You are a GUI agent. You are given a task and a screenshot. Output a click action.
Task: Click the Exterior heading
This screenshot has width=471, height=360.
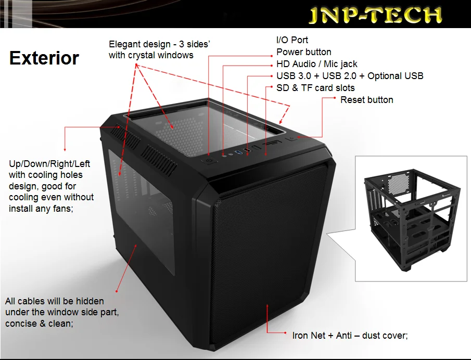pyautogui.click(x=44, y=58)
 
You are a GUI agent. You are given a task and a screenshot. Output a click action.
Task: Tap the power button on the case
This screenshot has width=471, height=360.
pyautogui.click(x=209, y=161)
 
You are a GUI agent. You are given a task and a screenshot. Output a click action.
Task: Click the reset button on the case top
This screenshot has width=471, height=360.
pyautogui.click(x=291, y=138)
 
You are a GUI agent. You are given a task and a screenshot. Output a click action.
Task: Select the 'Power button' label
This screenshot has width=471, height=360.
pyautogui.click(x=303, y=52)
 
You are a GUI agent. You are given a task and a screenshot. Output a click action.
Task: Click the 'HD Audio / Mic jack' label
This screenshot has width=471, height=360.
pyautogui.click(x=316, y=64)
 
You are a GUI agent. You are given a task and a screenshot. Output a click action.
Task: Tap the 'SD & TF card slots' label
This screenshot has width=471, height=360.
pyautogui.click(x=315, y=88)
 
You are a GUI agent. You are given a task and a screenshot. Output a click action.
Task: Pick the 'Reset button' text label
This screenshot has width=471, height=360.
pyautogui.click(x=366, y=100)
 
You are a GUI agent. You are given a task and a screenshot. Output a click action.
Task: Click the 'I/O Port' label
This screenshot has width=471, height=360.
pyautogui.click(x=292, y=40)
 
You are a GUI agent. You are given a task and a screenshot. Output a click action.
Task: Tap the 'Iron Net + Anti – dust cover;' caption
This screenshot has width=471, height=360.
pyautogui.click(x=350, y=336)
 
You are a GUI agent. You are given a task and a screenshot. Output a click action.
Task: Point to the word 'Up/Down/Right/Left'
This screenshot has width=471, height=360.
pyautogui.click(x=49, y=164)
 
